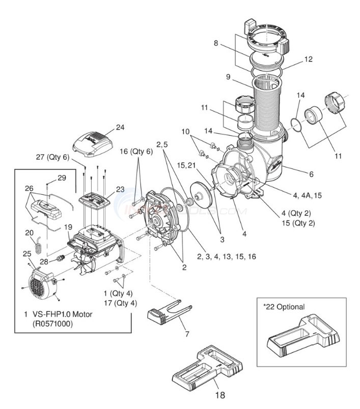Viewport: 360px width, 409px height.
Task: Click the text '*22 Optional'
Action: coord(284,307)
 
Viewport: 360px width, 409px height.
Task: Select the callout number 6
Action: coord(310,173)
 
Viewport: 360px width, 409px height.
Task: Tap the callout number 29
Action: coord(62,178)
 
